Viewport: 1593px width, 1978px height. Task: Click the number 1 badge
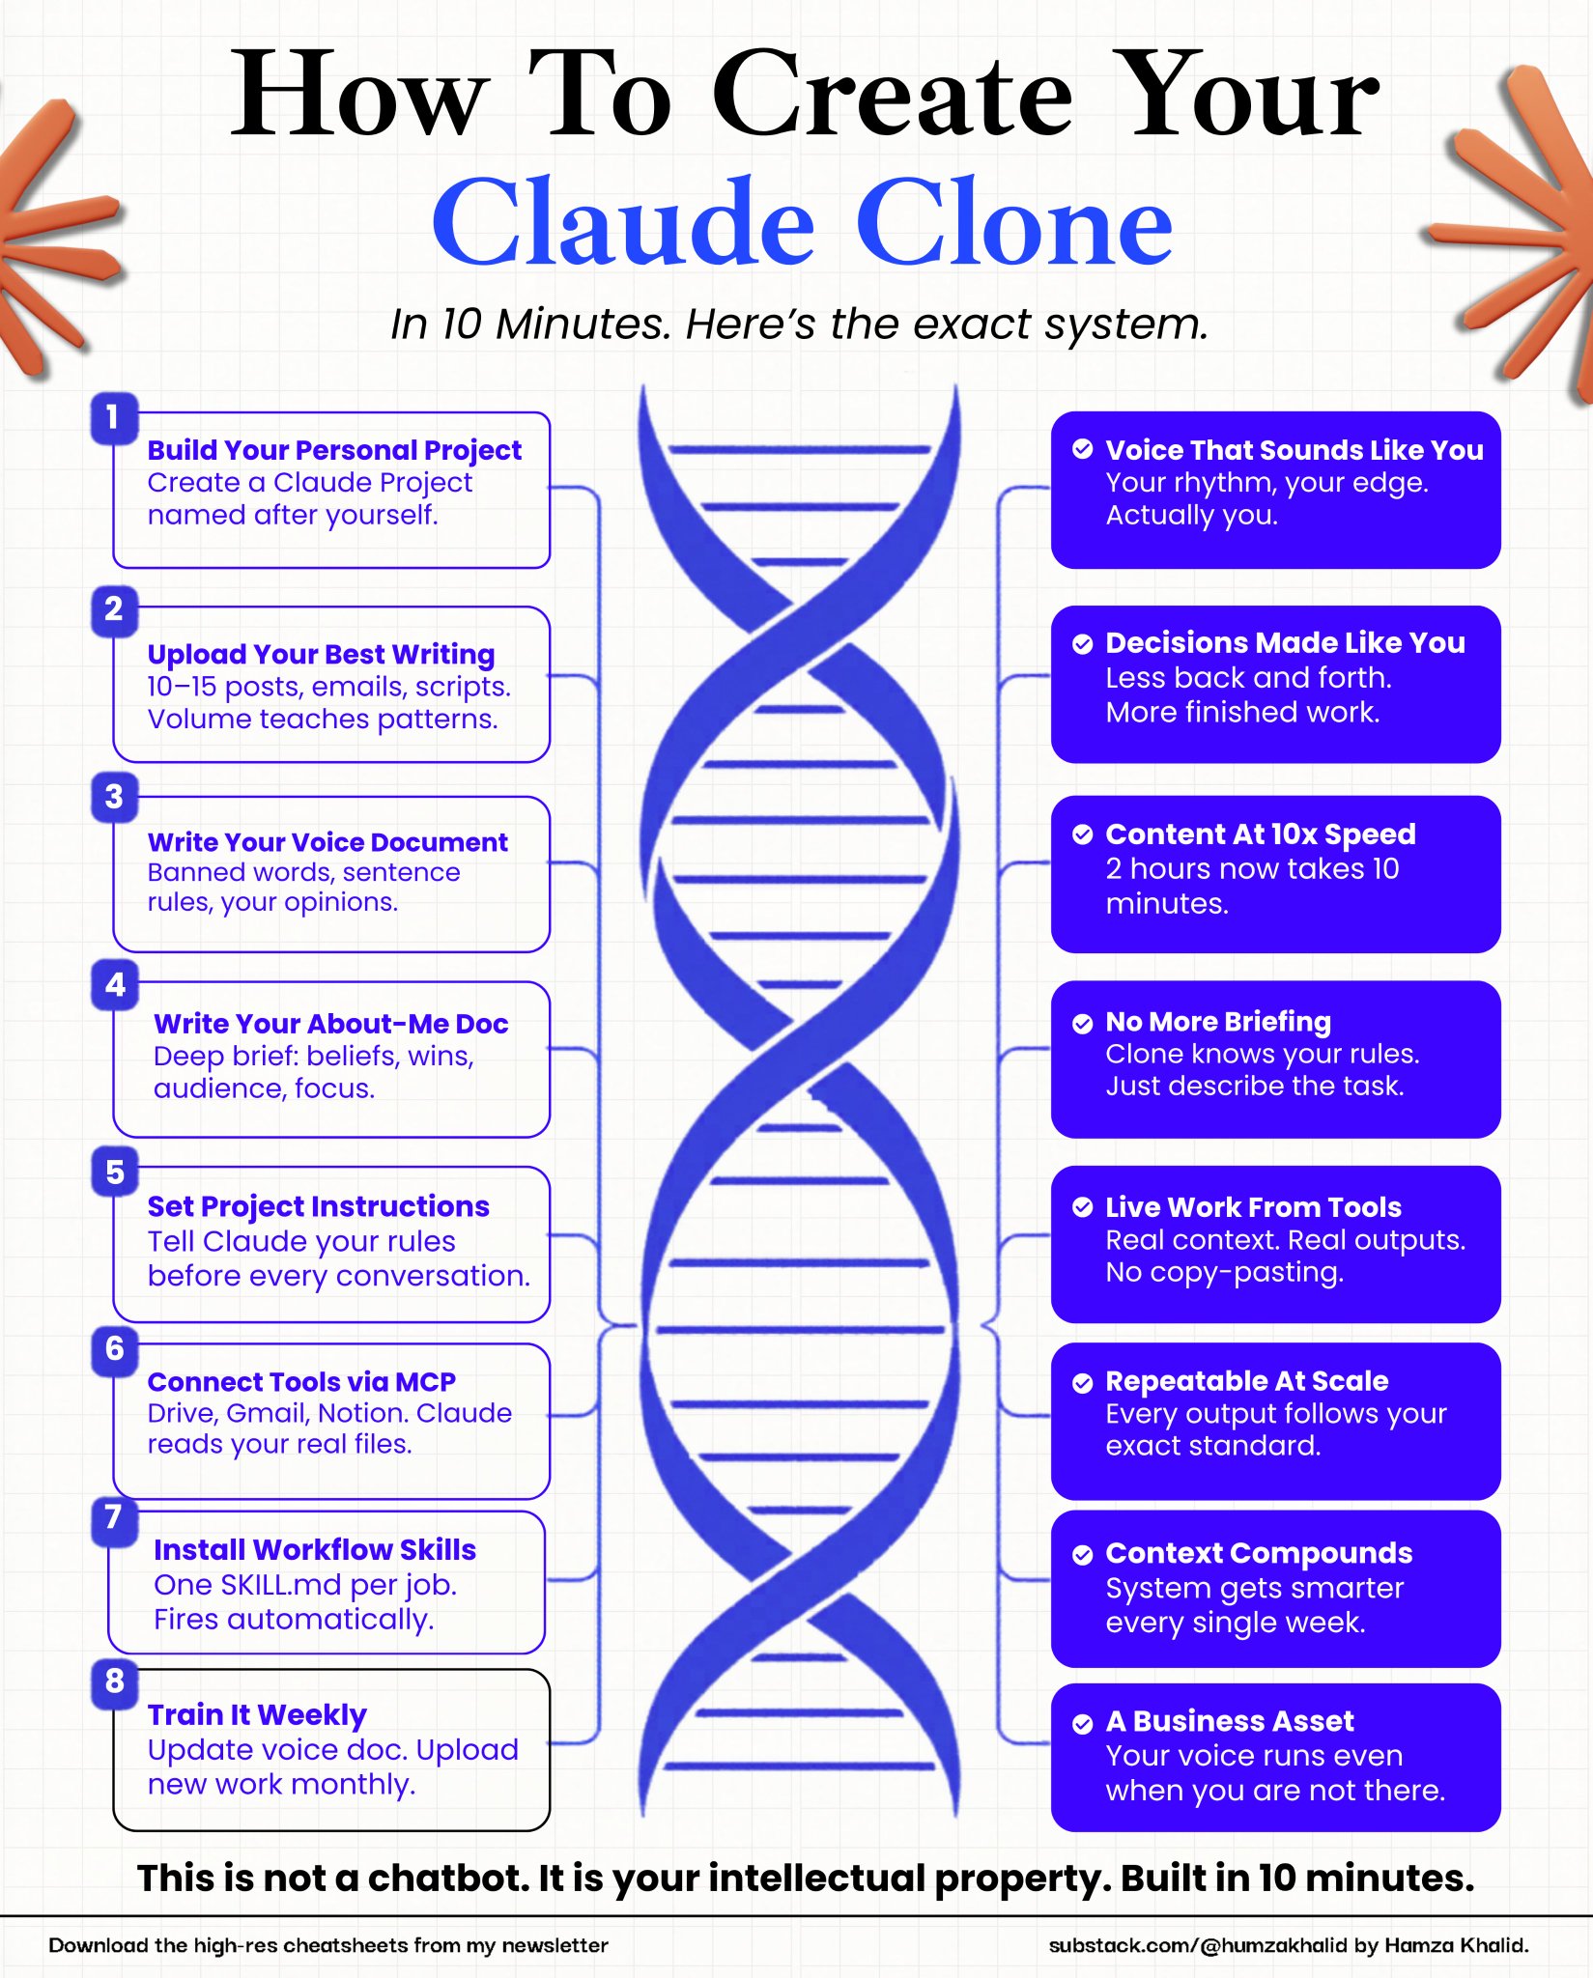(x=114, y=418)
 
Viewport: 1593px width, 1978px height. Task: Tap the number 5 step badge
(x=115, y=1172)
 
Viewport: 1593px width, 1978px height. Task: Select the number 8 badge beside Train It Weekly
(x=115, y=1681)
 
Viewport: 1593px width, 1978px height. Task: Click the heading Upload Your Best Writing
(x=321, y=655)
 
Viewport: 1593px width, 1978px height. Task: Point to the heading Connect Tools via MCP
(x=301, y=1382)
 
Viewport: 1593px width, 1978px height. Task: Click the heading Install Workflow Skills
(x=315, y=1550)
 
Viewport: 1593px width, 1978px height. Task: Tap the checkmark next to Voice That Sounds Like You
(x=1083, y=449)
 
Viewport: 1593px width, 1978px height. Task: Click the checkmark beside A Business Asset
(x=1083, y=1723)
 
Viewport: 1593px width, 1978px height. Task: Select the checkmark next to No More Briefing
(x=1083, y=1024)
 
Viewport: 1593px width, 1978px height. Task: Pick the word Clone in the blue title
(x=1014, y=223)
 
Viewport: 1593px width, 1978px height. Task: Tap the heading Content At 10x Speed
(x=1261, y=834)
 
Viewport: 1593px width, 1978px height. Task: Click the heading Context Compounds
(x=1259, y=1554)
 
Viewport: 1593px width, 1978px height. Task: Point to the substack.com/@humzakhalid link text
(x=1198, y=1945)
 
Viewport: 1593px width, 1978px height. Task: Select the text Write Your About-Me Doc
(x=331, y=1024)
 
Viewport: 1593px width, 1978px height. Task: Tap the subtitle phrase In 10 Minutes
(x=529, y=325)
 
